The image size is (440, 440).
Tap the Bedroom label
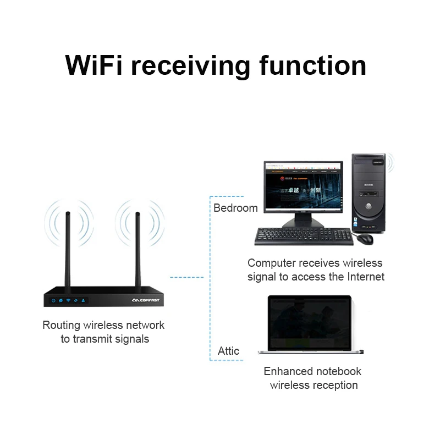[235, 208]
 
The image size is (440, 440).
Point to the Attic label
[228, 351]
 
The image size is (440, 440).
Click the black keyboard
[303, 237]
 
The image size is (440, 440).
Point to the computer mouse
[365, 238]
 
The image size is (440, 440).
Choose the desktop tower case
[369, 192]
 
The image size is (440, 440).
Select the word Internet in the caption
[365, 277]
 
